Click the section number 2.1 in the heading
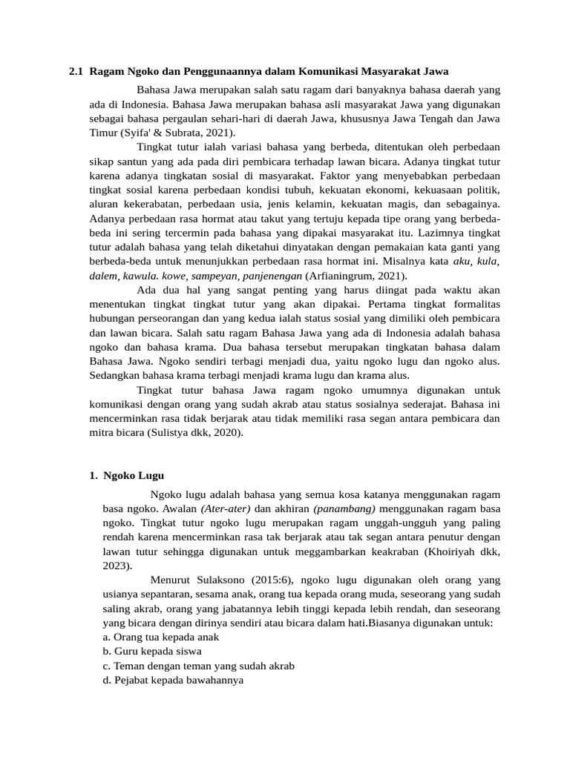click(76, 72)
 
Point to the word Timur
click(103, 133)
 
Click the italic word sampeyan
click(213, 275)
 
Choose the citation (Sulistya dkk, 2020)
click(195, 432)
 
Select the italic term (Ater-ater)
click(226, 508)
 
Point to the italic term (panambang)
click(344, 508)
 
